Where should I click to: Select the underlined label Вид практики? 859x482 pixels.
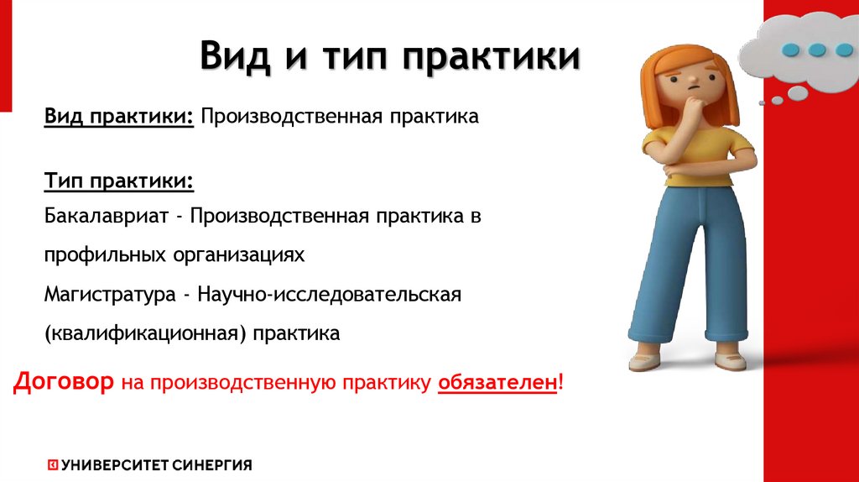click(120, 117)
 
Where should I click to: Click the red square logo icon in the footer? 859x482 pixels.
click(52, 464)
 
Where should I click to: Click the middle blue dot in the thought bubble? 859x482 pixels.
click(817, 50)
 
